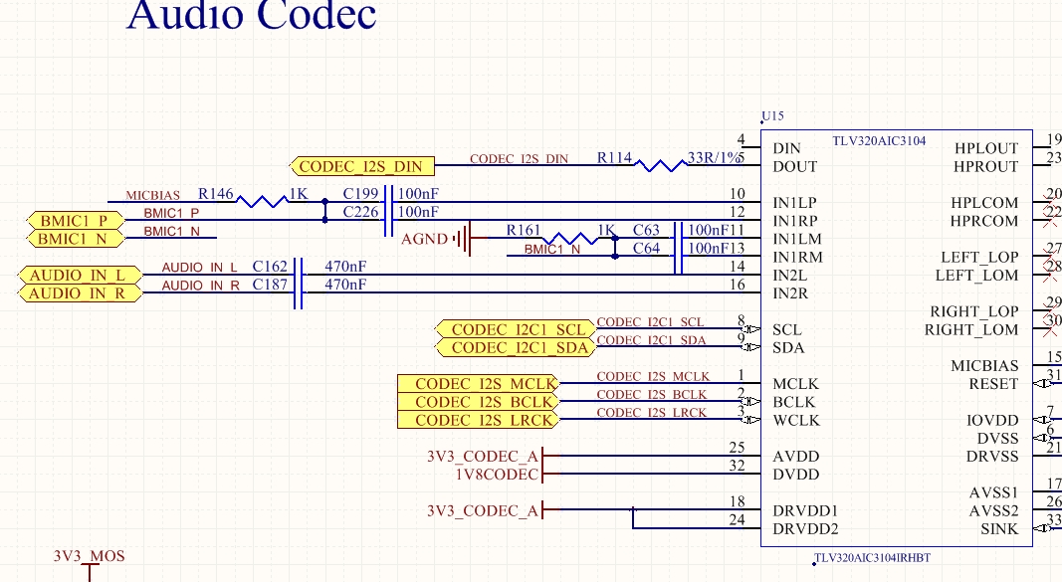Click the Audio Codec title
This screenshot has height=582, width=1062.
(252, 15)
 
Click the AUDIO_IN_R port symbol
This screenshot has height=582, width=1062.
(76, 293)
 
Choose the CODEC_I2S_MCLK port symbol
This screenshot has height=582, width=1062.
(478, 384)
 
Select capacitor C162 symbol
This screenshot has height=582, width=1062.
(298, 275)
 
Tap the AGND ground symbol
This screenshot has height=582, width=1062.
(461, 239)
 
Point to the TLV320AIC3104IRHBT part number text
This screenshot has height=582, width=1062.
(873, 558)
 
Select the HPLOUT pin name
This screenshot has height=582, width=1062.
(986, 148)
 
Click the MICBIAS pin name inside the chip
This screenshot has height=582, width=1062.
(984, 366)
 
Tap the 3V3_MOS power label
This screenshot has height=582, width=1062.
(90, 556)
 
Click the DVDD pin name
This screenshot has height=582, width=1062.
(795, 475)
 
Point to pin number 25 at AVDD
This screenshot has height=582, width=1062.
(737, 448)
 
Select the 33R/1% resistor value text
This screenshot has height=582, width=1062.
(715, 158)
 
